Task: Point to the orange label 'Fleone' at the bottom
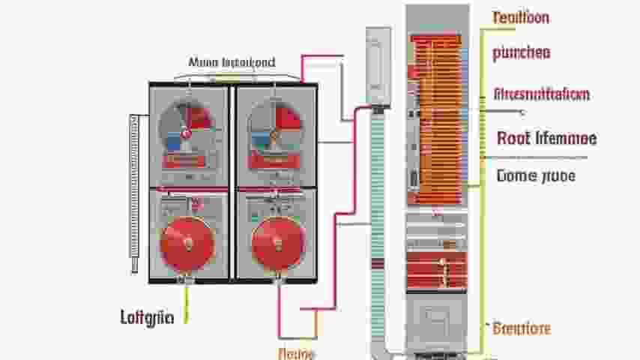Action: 296,352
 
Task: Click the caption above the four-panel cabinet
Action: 232,62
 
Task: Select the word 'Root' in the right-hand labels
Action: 514,138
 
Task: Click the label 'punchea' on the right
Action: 522,52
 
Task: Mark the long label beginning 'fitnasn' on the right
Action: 542,94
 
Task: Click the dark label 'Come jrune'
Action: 536,176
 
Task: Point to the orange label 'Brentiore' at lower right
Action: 522,328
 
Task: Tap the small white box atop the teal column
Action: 378,65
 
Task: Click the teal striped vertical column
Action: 378,225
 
